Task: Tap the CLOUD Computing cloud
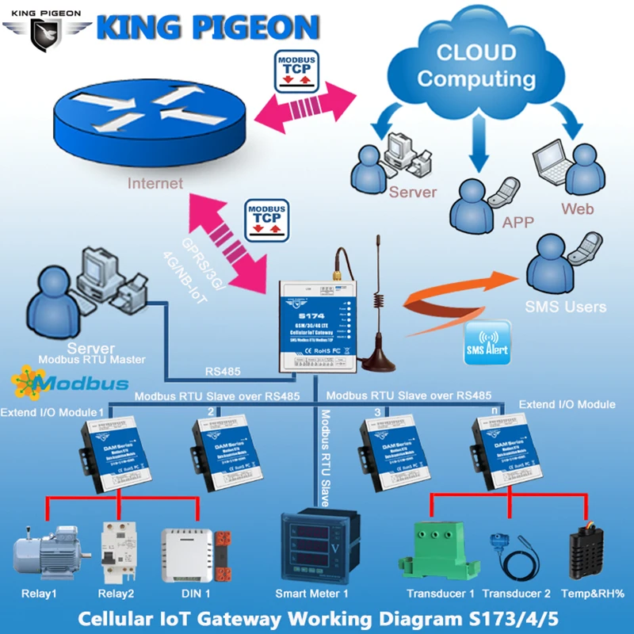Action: coord(476,67)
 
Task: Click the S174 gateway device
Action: coord(320,325)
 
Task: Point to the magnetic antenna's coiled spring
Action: coord(379,302)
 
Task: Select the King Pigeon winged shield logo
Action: coord(46,32)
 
